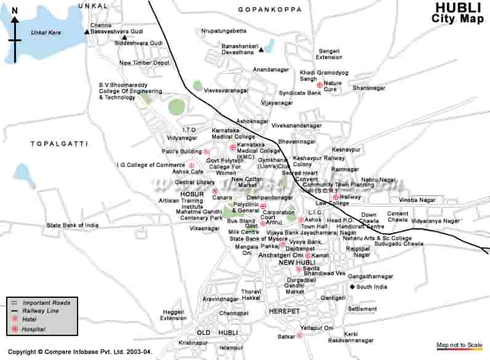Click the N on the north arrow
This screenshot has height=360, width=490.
point(14,10)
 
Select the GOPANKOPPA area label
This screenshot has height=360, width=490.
point(270,10)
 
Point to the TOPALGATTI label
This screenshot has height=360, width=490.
point(59,143)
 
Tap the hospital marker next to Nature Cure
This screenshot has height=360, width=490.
point(319,84)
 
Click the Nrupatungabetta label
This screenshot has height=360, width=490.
point(223,30)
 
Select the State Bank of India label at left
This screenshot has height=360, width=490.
point(72,225)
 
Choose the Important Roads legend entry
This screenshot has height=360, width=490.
point(46,303)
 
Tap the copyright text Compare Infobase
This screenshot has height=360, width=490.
point(79,353)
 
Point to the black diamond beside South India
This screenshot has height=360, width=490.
point(352,287)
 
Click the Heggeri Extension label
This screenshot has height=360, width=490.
point(173,315)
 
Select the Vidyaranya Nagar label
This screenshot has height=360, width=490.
point(435,220)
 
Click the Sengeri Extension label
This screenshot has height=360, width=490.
point(329,54)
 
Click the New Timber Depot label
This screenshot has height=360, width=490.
point(144,63)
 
